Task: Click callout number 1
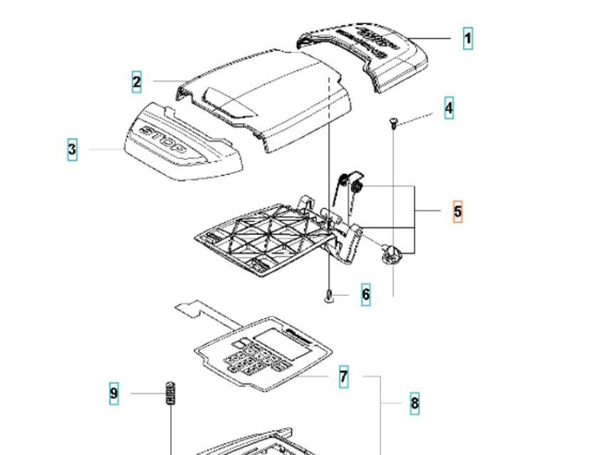468,39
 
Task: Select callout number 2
137,82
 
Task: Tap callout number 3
72,149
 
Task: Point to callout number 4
448,108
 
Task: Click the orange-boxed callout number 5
458,212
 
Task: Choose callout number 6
366,295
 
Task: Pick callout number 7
343,376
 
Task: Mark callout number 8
414,402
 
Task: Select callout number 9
114,394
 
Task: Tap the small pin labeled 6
329,296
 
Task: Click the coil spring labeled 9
170,393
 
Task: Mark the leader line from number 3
101,149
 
